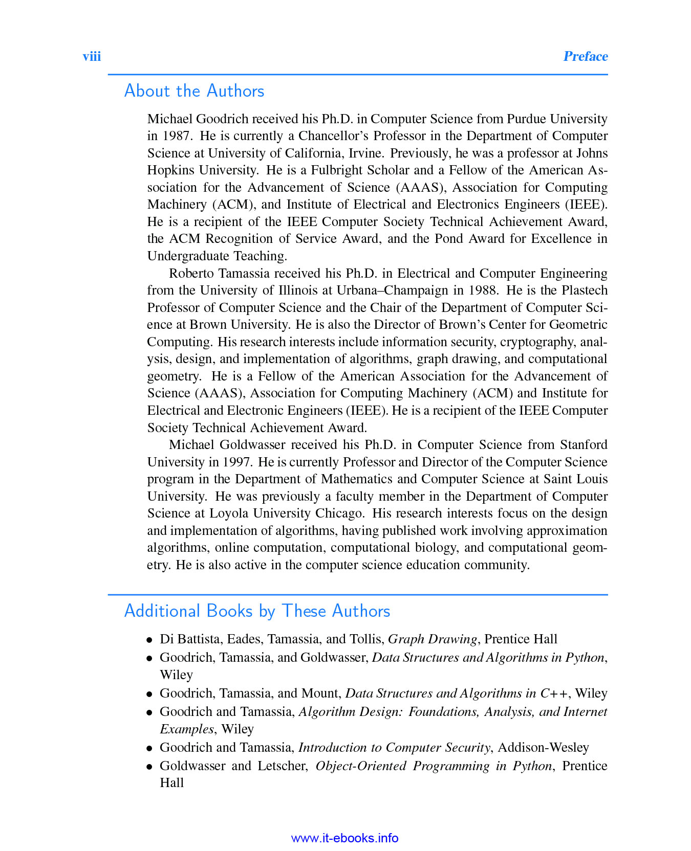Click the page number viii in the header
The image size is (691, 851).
tap(92, 56)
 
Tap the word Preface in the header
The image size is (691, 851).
tap(585, 56)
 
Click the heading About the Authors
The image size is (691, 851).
tap(194, 91)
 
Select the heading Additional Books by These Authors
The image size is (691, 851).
tap(257, 611)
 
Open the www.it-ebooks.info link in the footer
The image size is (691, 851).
tap(344, 838)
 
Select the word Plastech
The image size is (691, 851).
tap(585, 290)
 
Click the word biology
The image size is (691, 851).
tap(437, 548)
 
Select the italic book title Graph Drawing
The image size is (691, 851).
tap(433, 639)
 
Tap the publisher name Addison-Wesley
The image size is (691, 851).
tap(543, 748)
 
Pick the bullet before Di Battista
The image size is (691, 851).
tap(149, 640)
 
